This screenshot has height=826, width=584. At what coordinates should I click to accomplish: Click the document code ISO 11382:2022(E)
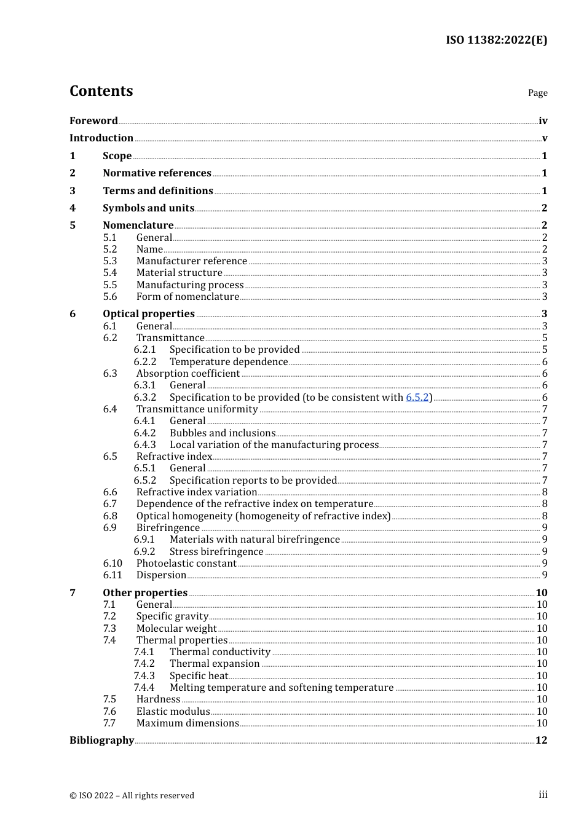[496, 40]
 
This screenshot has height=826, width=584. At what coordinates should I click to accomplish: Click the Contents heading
[101, 91]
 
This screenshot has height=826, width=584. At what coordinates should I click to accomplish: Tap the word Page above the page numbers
[537, 93]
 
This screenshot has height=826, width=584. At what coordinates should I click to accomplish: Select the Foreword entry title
[93, 120]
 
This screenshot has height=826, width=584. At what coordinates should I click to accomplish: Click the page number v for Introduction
[544, 138]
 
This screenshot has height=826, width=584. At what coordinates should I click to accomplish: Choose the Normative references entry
[157, 173]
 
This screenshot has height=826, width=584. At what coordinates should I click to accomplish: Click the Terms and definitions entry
[158, 191]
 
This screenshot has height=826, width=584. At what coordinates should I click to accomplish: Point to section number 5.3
[110, 261]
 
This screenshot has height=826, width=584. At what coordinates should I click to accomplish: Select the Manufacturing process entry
[190, 285]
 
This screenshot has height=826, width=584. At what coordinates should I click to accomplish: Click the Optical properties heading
[149, 313]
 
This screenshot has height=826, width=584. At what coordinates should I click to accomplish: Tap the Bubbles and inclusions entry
[223, 433]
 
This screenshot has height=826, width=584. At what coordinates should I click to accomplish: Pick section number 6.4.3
[144, 444]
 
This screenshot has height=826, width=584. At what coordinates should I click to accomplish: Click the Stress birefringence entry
[216, 551]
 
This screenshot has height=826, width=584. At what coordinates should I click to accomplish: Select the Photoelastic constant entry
[186, 563]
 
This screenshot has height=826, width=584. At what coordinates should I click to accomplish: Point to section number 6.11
[112, 575]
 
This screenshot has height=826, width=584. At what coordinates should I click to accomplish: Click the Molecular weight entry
[176, 628]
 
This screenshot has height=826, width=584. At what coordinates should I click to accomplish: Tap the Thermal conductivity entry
[220, 651]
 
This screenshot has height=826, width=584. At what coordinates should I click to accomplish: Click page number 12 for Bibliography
[541, 740]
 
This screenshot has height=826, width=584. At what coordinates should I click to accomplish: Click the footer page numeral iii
[543, 795]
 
